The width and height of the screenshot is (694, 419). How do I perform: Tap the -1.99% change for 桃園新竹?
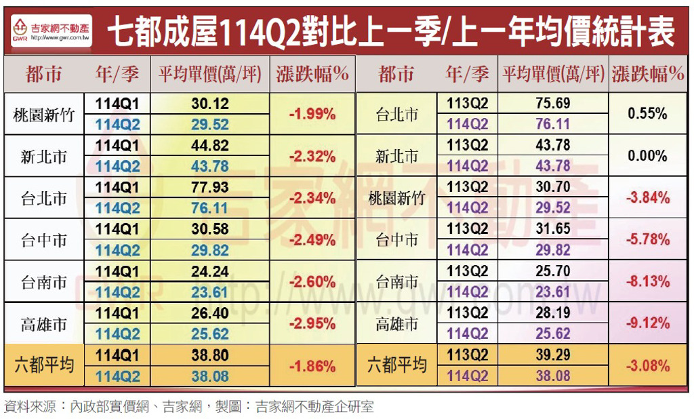[312, 114]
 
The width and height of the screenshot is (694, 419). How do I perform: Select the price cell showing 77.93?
[210, 187]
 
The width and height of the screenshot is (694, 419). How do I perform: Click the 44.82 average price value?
[210, 145]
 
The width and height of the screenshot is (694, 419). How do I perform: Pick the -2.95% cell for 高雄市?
[312, 323]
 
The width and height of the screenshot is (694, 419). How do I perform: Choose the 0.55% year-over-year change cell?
[647, 114]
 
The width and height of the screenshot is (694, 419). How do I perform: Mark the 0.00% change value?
[647, 156]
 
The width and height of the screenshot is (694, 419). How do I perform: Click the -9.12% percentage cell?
[647, 323]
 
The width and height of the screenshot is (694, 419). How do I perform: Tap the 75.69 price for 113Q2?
[552, 103]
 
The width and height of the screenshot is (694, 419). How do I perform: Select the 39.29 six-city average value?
[552, 355]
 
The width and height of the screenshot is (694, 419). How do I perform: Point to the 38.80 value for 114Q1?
[210, 355]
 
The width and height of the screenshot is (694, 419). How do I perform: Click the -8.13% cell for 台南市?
[647, 281]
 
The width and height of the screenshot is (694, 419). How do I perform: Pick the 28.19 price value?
[552, 313]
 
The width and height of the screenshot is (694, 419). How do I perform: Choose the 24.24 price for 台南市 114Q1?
[210, 271]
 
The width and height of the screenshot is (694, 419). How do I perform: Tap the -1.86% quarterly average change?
[312, 366]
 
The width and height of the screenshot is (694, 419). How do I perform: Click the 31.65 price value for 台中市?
[552, 229]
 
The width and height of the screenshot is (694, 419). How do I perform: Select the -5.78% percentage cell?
[647, 239]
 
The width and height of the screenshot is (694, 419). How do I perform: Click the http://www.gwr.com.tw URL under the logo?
[62, 39]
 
